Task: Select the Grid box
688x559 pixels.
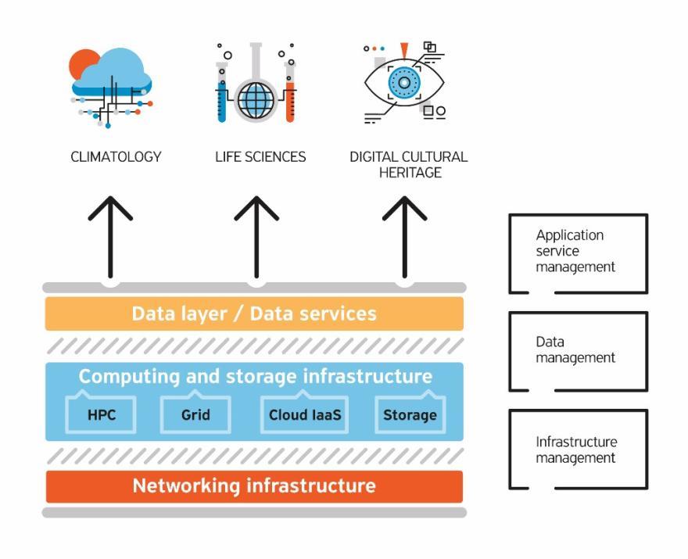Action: [195, 415]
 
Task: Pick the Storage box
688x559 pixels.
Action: [410, 415]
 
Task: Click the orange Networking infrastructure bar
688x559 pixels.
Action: [254, 486]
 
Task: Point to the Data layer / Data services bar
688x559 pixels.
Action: [254, 314]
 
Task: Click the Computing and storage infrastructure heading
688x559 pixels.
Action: [255, 376]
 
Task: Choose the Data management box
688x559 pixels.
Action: [578, 351]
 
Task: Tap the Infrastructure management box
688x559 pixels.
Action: [578, 450]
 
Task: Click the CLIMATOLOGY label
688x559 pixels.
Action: [116, 157]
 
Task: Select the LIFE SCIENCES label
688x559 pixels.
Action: [260, 157]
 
